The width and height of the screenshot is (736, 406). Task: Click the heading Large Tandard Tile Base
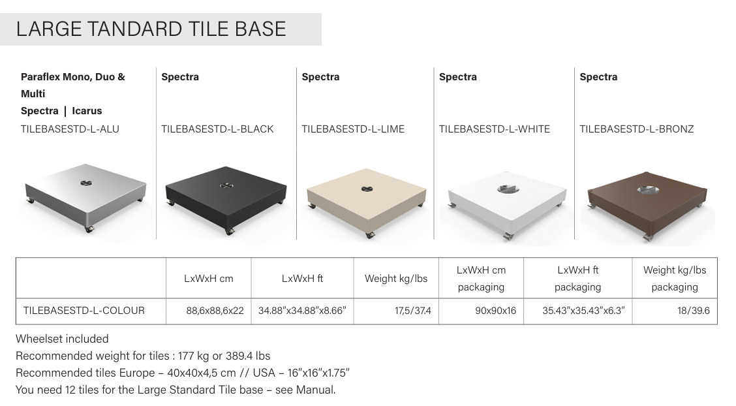click(x=151, y=29)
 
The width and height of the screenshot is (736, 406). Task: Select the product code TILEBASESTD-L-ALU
click(x=70, y=129)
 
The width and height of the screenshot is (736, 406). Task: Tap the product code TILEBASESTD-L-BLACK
click(x=217, y=129)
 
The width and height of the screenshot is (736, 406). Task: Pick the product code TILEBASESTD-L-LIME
click(x=353, y=129)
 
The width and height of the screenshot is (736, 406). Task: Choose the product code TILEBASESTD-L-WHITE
click(x=495, y=129)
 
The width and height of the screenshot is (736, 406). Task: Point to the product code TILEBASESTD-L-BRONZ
click(x=636, y=129)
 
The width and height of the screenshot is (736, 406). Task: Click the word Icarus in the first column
click(x=87, y=111)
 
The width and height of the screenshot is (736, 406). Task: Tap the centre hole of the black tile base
click(x=226, y=185)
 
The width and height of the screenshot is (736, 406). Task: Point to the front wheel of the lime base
click(x=371, y=235)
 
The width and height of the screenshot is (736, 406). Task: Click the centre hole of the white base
click(x=508, y=189)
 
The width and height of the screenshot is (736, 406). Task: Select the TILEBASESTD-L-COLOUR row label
click(x=84, y=311)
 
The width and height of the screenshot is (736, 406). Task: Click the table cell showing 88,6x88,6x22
click(x=215, y=311)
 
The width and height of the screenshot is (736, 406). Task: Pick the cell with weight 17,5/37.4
click(x=412, y=311)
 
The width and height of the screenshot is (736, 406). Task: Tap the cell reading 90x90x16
click(x=495, y=311)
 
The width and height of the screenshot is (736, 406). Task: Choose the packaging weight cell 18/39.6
click(x=694, y=311)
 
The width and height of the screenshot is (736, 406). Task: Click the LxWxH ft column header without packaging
click(x=302, y=278)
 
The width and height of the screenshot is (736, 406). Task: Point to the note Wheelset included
click(x=62, y=339)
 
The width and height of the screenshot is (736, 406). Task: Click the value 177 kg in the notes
click(x=193, y=356)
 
